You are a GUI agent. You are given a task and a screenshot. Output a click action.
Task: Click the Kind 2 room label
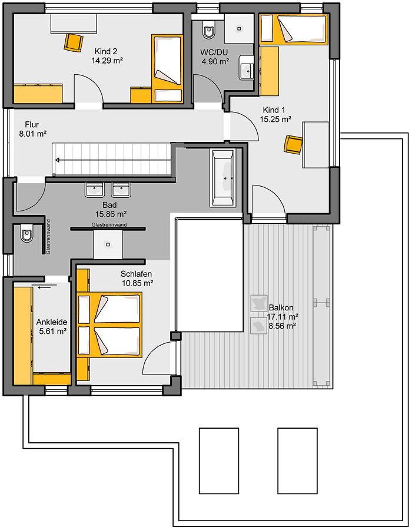pyautogui.click(x=106, y=51)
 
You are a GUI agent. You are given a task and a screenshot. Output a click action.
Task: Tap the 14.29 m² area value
pyautogui.click(x=107, y=61)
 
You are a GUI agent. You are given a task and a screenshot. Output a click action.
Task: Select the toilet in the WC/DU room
pyautogui.click(x=209, y=30)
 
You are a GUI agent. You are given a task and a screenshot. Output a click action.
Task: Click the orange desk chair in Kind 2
pyautogui.click(x=74, y=42)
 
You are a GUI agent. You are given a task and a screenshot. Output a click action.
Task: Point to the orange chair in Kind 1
pyautogui.click(x=293, y=144)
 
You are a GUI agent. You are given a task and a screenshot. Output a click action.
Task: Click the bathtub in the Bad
pyautogui.click(x=222, y=177)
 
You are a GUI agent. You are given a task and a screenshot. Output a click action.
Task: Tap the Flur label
pyautogui.click(x=32, y=124)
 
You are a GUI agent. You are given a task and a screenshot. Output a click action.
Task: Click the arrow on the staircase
pyautogui.click(x=114, y=160)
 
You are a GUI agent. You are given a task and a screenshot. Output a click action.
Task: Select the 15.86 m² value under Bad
pyautogui.click(x=111, y=214)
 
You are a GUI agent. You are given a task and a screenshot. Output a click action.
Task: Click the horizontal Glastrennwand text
pyautogui.click(x=109, y=224)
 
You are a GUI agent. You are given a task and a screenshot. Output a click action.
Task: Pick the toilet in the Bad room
pyautogui.click(x=26, y=233)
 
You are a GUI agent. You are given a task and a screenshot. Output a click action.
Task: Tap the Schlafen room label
pyautogui.click(x=136, y=274)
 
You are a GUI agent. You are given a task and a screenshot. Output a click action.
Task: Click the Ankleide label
pyautogui.click(x=52, y=322)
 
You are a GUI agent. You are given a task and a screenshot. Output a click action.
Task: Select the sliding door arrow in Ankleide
pyautogui.click(x=47, y=287)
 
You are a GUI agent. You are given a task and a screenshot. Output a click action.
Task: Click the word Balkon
pyautogui.click(x=281, y=307)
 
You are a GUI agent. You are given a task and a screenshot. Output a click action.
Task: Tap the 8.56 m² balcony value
pyautogui.click(x=283, y=326)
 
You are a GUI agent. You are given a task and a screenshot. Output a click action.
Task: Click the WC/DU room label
pyautogui.click(x=214, y=52)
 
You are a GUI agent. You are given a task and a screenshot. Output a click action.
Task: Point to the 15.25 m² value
pyautogui.click(x=275, y=119)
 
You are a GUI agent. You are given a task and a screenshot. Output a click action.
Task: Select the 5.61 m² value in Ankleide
pyautogui.click(x=53, y=331)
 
